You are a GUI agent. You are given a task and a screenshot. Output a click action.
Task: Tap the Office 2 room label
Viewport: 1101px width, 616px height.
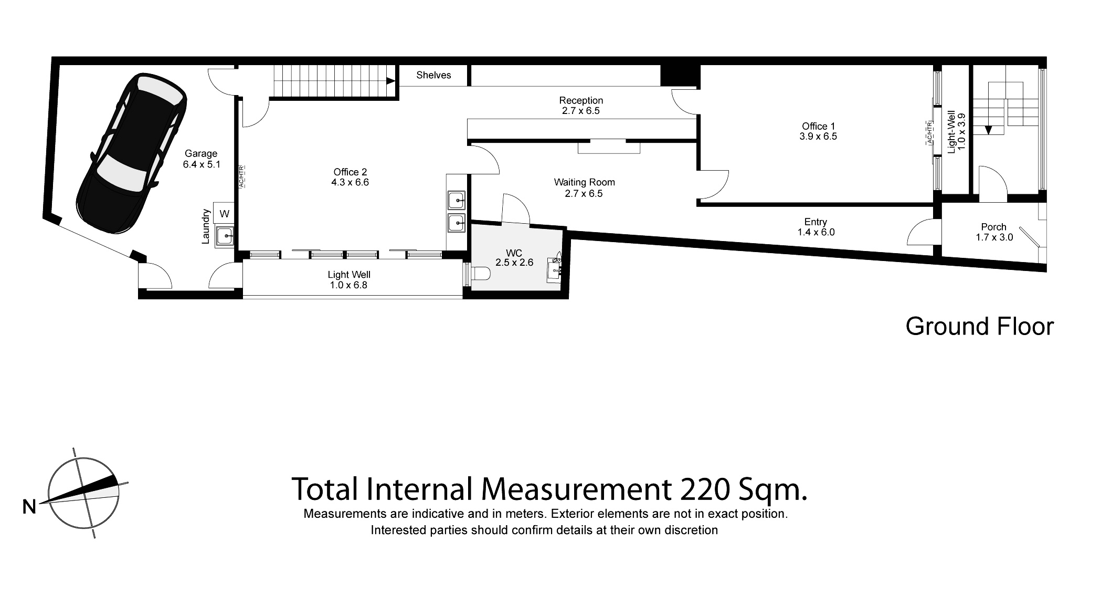350,172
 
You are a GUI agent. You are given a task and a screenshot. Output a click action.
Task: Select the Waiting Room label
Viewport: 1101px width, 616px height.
584,183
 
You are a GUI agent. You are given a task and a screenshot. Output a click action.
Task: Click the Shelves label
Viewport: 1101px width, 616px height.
433,75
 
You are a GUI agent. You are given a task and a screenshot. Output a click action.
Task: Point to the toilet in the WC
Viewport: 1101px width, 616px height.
480,274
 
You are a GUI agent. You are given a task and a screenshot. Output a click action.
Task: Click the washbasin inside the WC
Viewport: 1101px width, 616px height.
555,268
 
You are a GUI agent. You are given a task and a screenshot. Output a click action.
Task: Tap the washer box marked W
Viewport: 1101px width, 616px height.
225,214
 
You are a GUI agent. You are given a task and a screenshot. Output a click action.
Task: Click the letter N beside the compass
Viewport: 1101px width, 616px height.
29,507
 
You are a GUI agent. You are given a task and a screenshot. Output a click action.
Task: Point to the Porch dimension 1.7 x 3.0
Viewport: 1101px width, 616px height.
993,237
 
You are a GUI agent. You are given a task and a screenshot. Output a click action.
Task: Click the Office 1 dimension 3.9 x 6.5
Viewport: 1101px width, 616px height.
818,137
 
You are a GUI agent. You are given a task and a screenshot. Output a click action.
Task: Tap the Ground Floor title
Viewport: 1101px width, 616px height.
979,327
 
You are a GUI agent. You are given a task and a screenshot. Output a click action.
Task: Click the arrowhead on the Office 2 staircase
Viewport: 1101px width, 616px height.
390,81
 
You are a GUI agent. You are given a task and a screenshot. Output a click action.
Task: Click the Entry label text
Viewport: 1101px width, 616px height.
815,222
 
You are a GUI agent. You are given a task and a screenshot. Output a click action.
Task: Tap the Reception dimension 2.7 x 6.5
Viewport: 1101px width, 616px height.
580,111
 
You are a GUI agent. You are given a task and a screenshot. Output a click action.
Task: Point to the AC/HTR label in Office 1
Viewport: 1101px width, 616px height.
929,133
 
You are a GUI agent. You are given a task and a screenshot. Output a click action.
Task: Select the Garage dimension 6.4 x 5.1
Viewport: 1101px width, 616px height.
201,164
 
